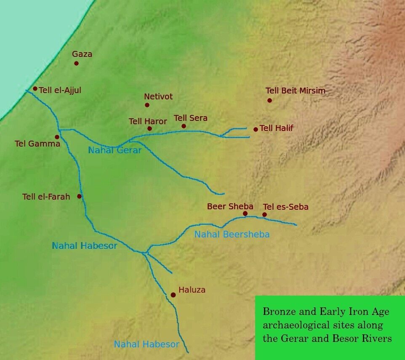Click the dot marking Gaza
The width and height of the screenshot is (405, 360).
coord(76,64)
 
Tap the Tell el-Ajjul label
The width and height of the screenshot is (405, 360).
coord(60,90)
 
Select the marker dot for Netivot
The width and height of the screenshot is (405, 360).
coord(147,105)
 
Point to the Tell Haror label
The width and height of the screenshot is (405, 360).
coord(148,121)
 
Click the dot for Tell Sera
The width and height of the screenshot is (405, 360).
coord(184,126)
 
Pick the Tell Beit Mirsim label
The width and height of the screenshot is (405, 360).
coord(295,91)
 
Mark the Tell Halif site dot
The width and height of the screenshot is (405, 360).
coord(256,129)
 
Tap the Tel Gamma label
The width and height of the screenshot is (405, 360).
coord(37,144)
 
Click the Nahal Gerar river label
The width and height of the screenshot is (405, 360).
coord(115,150)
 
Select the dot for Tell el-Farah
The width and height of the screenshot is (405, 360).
coord(79,196)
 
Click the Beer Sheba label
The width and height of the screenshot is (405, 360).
coord(230,206)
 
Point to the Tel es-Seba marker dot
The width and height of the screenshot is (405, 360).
coord(264,215)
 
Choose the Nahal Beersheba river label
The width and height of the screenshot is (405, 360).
coord(232,235)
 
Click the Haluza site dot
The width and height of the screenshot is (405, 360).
coord(173,295)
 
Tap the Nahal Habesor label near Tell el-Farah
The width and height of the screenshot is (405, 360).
coord(84,246)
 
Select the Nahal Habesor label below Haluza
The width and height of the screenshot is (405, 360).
coord(147,344)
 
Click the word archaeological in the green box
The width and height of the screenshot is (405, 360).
coord(297,325)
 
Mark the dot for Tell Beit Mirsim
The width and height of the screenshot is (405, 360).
coord(269,100)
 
